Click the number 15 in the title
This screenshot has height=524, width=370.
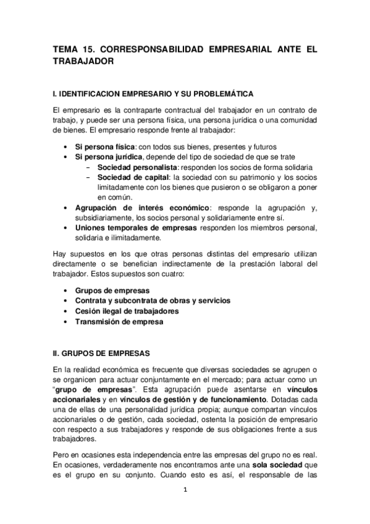point(90,48)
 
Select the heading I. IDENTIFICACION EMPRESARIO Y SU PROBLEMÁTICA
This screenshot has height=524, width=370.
point(153,94)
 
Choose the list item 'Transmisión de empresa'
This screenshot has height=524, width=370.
point(119,322)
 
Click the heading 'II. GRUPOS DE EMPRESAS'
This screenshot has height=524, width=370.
point(101,354)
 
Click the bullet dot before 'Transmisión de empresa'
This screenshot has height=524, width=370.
point(66,322)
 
